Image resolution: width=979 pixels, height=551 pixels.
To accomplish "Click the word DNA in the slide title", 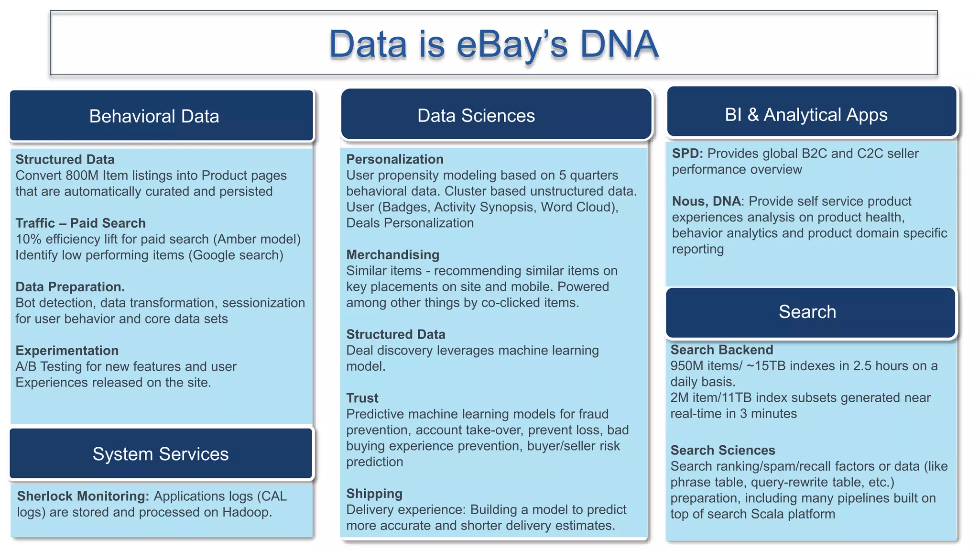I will (619, 44).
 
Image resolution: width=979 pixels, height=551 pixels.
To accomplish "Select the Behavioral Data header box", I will (161, 116).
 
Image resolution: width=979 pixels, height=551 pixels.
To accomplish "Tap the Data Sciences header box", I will (496, 115).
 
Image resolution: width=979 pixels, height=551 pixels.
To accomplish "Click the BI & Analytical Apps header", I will (811, 114).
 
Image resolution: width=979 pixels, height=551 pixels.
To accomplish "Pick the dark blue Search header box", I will (810, 312).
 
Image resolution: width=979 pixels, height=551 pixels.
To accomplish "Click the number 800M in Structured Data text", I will (82, 176).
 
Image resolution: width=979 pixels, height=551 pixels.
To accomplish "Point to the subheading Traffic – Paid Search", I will (80, 223).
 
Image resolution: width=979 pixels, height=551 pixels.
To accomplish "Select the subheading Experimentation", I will (67, 351).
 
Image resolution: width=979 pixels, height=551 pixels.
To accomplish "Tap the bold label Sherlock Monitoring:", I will (83, 496).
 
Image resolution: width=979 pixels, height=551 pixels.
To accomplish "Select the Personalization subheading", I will (395, 159).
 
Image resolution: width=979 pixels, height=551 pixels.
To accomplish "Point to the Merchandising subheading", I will (392, 255).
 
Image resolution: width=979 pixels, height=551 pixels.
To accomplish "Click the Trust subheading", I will (362, 398).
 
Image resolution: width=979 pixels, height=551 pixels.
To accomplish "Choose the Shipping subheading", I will (374, 494).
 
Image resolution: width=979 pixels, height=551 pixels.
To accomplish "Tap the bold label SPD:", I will (687, 154).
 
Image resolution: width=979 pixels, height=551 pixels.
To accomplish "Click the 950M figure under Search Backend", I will (686, 366).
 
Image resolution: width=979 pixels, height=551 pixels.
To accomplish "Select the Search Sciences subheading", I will (722, 450).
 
